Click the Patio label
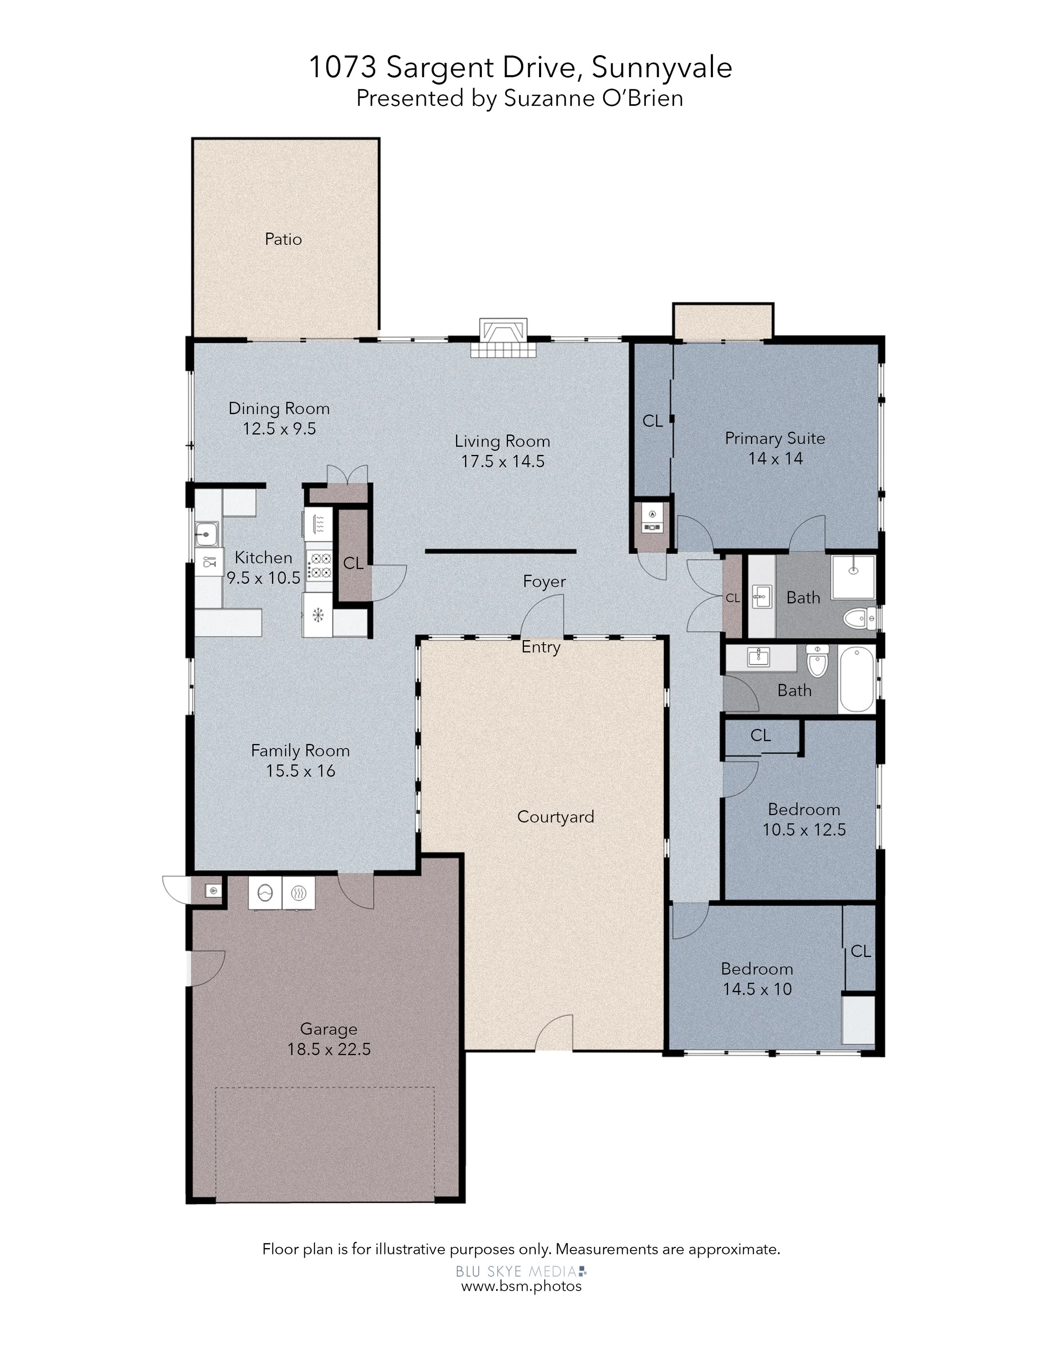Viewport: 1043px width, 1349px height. (x=283, y=239)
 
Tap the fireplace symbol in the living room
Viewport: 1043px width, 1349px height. (x=504, y=337)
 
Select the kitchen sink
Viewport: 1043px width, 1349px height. (x=207, y=534)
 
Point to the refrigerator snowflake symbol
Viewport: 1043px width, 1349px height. (x=317, y=615)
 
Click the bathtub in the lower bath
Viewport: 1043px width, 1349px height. (x=857, y=679)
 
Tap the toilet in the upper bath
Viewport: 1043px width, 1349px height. (x=859, y=617)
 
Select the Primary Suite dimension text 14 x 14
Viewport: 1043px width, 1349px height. (x=776, y=458)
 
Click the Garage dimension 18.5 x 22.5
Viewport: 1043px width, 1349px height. (x=329, y=1049)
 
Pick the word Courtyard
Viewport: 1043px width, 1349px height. (x=555, y=816)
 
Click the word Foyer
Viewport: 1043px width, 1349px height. (x=544, y=581)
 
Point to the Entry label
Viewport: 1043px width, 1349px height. (x=541, y=647)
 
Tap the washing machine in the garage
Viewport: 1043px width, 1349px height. (x=265, y=893)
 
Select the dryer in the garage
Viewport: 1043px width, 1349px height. (x=298, y=893)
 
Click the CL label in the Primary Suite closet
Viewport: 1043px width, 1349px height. (x=653, y=421)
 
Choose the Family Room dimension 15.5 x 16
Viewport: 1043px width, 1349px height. (x=300, y=771)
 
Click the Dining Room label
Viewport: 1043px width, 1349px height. (x=279, y=408)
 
